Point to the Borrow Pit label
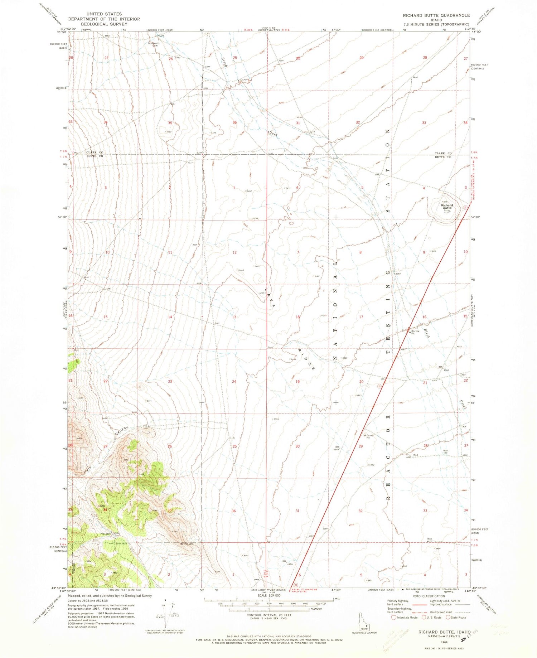point(415,332)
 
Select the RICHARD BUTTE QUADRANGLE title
point(436,15)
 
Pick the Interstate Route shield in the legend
point(394,617)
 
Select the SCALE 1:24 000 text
point(268,595)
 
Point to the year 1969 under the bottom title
point(444,641)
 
